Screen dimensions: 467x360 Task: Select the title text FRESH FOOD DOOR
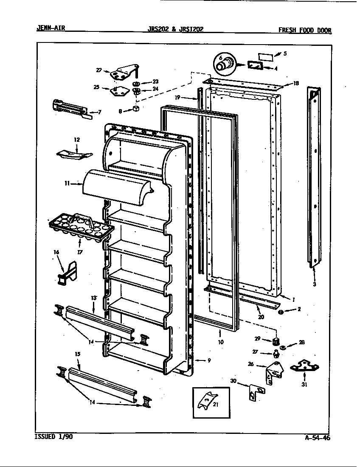pyautogui.click(x=304, y=30)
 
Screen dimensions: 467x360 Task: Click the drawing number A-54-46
pyautogui.click(x=317, y=438)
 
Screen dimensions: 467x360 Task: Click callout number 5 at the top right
pyautogui.click(x=285, y=53)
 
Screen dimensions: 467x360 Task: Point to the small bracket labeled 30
pyautogui.click(x=253, y=392)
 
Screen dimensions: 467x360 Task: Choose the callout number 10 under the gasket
pyautogui.click(x=220, y=342)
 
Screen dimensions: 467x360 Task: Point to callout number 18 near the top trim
pyautogui.click(x=296, y=84)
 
